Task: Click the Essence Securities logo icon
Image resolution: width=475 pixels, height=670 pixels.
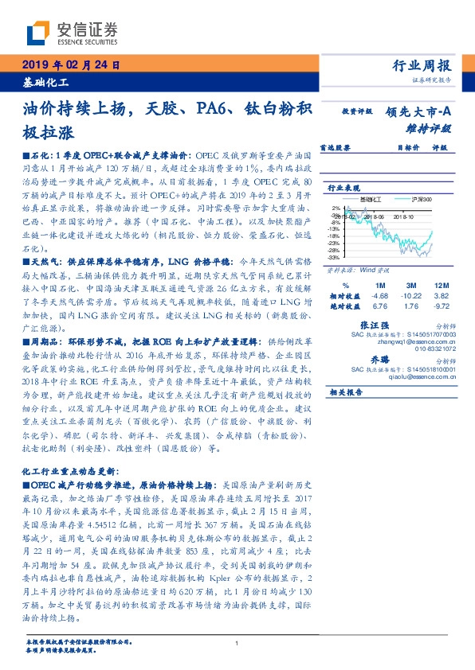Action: pos(37,33)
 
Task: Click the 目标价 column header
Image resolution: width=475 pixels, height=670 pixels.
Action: pos(407,147)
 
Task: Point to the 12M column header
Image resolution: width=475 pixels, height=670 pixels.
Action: pos(442,284)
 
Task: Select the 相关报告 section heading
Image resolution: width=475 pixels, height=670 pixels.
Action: pos(346,392)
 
